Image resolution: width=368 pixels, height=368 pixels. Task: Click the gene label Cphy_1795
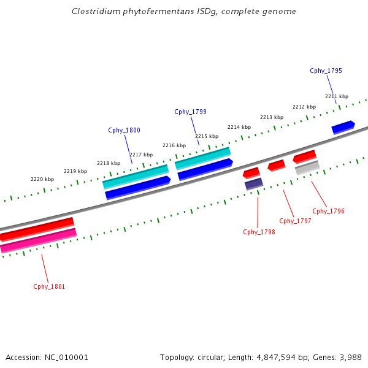(326, 71)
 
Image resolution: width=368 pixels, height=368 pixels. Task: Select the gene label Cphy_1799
(190, 112)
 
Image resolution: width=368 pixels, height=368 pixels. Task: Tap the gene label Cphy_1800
(124, 130)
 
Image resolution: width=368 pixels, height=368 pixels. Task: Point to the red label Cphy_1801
(49, 286)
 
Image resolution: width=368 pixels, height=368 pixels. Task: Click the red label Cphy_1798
(259, 232)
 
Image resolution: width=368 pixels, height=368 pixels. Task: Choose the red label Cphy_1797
(295, 221)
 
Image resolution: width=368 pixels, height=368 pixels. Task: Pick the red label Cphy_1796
(328, 211)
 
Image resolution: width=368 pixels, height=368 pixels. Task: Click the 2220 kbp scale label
(42, 179)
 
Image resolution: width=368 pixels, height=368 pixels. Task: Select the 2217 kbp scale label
(141, 155)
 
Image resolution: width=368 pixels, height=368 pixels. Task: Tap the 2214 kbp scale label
(239, 127)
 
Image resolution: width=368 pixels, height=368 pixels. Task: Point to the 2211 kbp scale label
(337, 96)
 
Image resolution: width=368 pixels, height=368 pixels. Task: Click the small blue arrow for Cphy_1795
(343, 128)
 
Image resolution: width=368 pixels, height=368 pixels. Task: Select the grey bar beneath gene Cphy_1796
(307, 167)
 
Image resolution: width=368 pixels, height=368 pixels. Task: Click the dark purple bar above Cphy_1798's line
(254, 183)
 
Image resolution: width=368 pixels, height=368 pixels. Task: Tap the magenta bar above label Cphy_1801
(38, 240)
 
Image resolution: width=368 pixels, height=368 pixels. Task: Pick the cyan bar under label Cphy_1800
(135, 176)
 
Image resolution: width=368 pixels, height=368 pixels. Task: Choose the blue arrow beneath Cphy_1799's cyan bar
(205, 170)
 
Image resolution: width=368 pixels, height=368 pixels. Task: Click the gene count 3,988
(350, 357)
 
